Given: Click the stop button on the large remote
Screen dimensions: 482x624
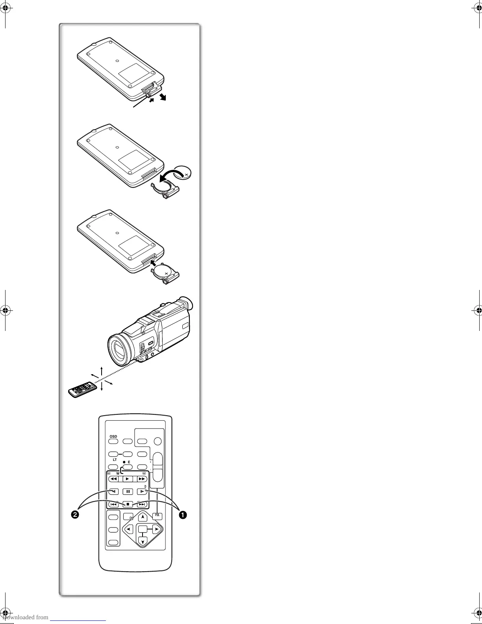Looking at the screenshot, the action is click(x=128, y=504).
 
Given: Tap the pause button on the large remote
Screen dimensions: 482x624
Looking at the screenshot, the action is click(x=128, y=491).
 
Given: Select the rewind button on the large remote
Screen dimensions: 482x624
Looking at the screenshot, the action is click(x=113, y=479).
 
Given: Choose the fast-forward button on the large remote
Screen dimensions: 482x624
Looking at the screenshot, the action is click(x=142, y=479).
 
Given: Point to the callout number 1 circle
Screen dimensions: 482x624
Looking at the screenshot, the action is click(x=182, y=514).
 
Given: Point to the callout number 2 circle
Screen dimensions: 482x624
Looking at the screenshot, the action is click(x=75, y=514).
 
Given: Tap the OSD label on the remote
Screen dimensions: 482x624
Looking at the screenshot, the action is click(x=113, y=436).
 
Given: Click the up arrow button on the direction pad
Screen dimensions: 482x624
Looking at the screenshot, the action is click(x=143, y=517).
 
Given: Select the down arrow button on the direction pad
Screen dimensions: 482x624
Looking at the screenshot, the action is click(x=143, y=541).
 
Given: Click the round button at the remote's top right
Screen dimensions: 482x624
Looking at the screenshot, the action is click(x=158, y=442).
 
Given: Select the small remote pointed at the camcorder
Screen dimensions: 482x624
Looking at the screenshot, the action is click(x=83, y=389).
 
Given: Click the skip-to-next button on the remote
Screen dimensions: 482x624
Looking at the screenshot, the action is click(x=142, y=504).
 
